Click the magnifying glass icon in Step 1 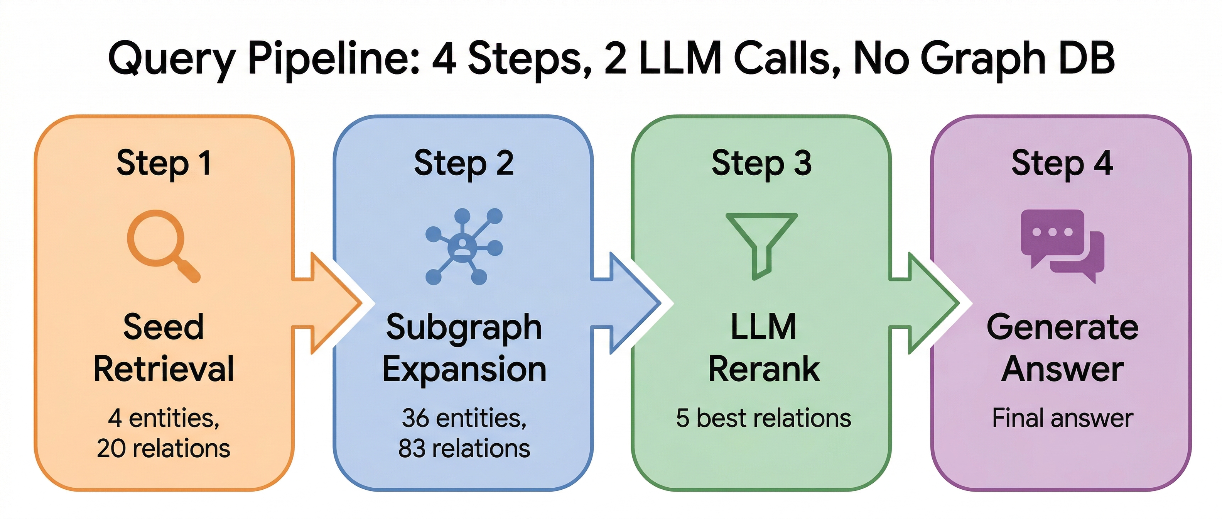[161, 244]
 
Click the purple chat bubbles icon [1062, 246]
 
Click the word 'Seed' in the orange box [163, 327]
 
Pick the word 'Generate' [1062, 327]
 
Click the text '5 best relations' [763, 418]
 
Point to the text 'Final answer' [1062, 418]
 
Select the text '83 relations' [464, 449]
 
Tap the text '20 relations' [163, 449]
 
